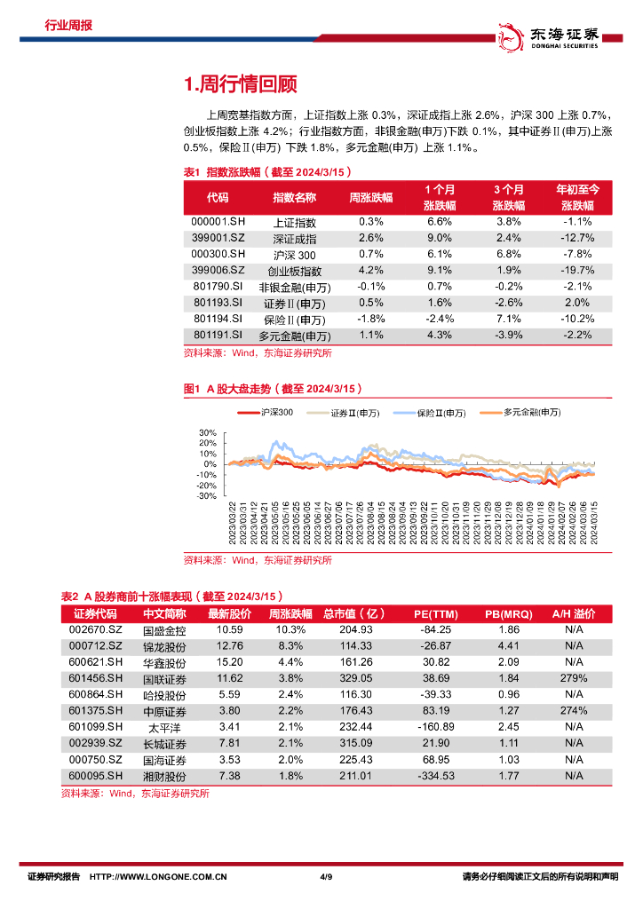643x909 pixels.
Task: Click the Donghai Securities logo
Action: coord(548,35)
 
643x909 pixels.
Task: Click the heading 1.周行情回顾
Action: coord(240,84)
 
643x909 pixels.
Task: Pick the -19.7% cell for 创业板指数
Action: coord(577,270)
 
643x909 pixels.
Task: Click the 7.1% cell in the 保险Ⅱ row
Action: coord(508,319)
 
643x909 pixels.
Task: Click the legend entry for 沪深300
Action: coord(266,413)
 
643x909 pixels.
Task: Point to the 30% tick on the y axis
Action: coord(209,432)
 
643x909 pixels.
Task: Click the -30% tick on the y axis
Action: coord(207,497)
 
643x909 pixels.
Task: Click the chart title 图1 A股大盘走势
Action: coord(271,390)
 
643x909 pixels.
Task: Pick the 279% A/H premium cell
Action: coord(574,677)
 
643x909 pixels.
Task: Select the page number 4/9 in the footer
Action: coord(325,877)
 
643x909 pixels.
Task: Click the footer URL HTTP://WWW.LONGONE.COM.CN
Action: coord(160,877)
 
